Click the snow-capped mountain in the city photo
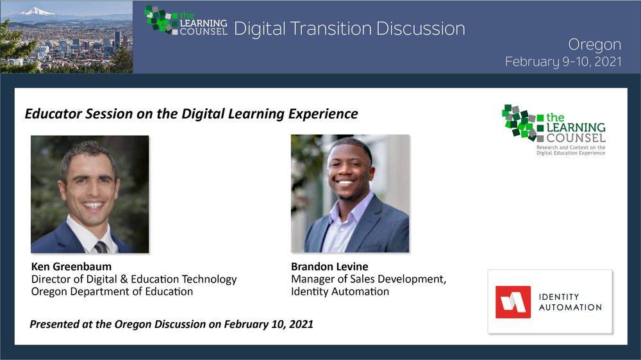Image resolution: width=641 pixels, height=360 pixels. (37, 12)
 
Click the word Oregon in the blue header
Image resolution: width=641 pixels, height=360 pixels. (594, 45)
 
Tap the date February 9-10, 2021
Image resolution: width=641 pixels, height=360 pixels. (563, 61)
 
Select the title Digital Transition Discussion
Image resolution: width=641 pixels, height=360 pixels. (349, 29)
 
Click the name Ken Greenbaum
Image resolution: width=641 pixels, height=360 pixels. (71, 266)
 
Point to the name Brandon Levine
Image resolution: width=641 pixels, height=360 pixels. (329, 266)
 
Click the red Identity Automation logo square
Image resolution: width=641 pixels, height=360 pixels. (513, 302)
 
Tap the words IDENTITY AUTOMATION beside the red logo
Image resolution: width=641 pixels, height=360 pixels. (570, 302)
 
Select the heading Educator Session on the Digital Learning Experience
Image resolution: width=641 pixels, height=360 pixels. (191, 113)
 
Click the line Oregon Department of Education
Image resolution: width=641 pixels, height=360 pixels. (112, 291)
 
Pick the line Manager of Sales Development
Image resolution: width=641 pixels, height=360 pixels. (369, 279)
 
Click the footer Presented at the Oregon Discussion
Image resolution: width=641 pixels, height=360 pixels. (171, 324)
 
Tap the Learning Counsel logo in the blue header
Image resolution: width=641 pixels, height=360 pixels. (186, 20)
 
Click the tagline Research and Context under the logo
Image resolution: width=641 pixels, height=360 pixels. (570, 150)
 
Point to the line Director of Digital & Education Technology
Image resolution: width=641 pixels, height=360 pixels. (134, 279)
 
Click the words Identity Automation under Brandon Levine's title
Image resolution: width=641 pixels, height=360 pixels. (340, 291)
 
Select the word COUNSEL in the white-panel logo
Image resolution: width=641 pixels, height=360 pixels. (576, 138)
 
